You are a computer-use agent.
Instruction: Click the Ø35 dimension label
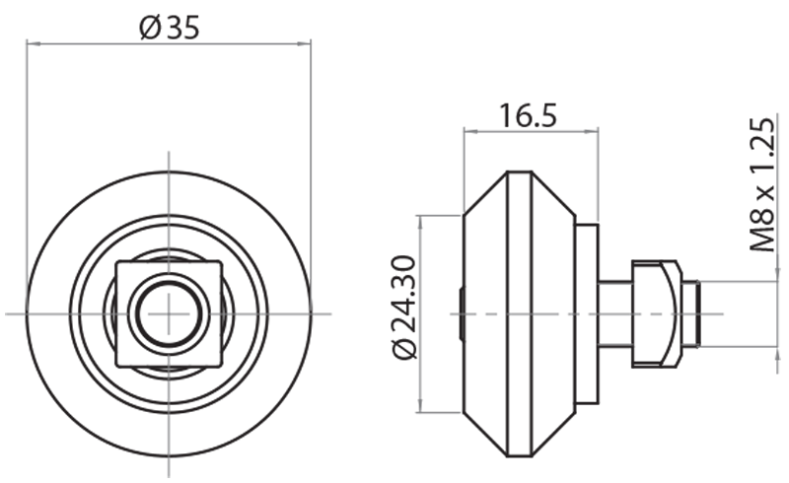(x=170, y=28)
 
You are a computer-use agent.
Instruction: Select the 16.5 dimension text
(x=528, y=115)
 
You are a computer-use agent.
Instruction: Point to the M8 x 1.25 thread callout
(x=761, y=184)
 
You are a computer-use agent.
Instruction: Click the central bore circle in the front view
(x=170, y=312)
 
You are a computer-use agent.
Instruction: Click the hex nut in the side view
(x=655, y=313)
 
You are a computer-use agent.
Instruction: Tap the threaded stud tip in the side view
(x=690, y=313)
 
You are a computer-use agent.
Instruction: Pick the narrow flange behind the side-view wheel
(x=586, y=313)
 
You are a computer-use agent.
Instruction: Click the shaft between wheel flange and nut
(x=614, y=313)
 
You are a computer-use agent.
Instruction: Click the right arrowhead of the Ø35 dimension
(x=308, y=42)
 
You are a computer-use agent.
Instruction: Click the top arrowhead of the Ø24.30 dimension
(x=420, y=218)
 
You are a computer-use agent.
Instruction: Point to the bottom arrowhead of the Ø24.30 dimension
(x=420, y=410)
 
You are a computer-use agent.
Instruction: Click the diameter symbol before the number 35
(x=149, y=28)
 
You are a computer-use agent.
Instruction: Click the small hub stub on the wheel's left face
(x=461, y=313)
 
